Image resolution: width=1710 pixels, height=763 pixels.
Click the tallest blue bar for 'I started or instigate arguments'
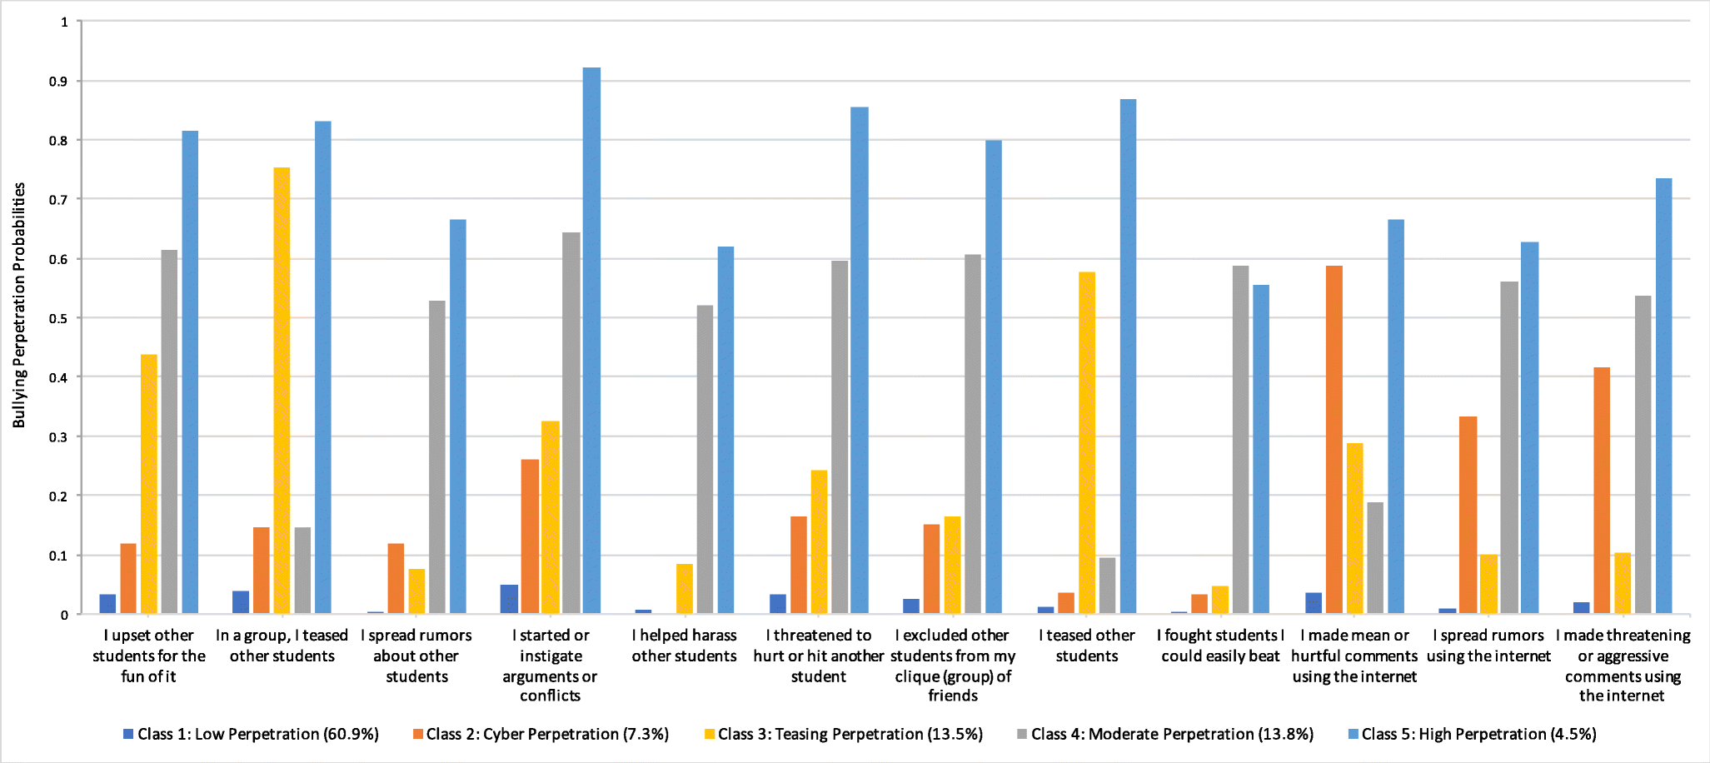point(591,342)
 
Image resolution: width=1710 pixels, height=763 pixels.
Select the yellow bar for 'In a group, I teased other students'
point(282,391)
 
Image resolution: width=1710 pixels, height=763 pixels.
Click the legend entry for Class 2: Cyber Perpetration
point(541,734)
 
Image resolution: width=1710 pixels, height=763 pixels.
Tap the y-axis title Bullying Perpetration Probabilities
point(18,305)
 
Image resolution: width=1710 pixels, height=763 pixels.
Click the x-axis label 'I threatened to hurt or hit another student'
point(818,656)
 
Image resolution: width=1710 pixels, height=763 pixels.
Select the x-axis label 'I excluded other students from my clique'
point(953,665)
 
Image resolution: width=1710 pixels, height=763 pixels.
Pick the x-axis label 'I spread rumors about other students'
point(416,656)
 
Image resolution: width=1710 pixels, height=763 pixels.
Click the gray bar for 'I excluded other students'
point(972,434)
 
